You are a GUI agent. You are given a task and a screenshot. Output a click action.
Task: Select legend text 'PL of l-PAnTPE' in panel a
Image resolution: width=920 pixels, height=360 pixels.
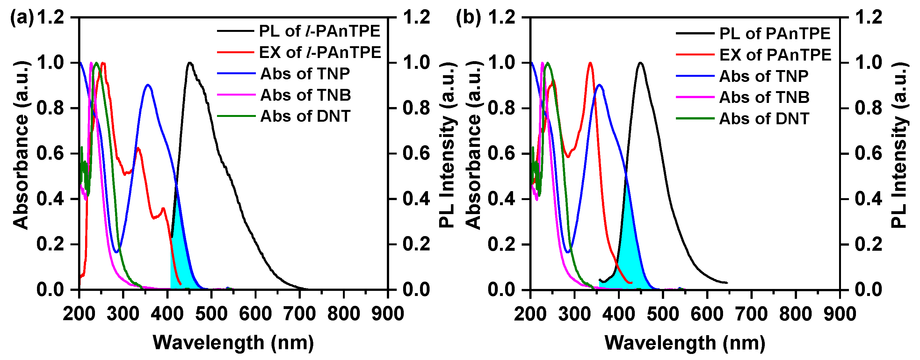[x=319, y=32]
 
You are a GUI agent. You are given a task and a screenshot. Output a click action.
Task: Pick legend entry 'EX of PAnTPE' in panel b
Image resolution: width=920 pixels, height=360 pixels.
[x=775, y=55]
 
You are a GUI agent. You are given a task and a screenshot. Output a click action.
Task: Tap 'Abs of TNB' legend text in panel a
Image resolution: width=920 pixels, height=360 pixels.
[x=305, y=95]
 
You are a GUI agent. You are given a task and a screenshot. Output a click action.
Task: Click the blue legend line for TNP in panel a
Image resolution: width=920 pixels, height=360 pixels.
[x=236, y=74]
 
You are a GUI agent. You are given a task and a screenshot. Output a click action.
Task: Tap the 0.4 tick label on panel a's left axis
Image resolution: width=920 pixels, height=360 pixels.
[x=50, y=199]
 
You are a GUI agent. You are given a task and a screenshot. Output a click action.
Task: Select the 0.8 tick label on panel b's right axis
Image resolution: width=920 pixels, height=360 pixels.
[x=868, y=108]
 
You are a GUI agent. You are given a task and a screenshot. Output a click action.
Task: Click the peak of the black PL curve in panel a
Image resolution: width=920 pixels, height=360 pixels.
[x=190, y=63]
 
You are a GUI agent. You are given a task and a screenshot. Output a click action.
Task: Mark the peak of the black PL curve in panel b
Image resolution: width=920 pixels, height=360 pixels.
[x=640, y=63]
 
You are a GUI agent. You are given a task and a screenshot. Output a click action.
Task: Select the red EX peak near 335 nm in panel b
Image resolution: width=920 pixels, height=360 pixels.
[x=590, y=63]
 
